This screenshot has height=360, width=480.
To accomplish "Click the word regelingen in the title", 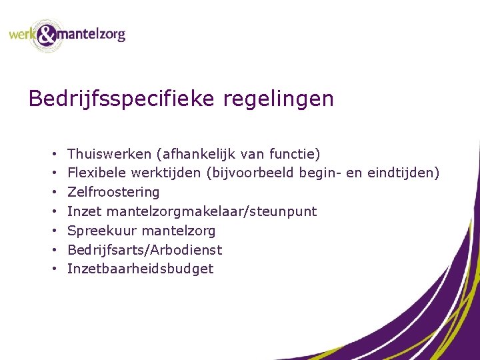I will (x=279, y=99).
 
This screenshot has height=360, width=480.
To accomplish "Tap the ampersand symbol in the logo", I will (x=47, y=35).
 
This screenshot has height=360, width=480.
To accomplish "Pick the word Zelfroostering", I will (x=114, y=193).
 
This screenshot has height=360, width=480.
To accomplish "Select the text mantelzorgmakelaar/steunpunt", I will (x=211, y=211).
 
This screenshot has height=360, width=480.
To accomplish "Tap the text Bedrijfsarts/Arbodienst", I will (x=145, y=250).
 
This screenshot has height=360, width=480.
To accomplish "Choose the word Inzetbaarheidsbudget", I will (x=141, y=269).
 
